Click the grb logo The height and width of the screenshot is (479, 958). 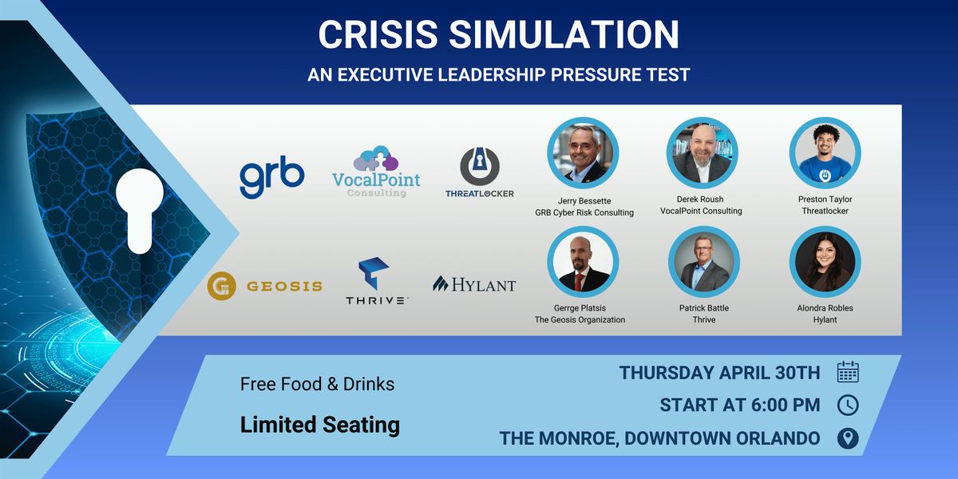click(x=272, y=176)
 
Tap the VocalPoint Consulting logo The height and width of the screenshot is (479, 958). click(x=376, y=172)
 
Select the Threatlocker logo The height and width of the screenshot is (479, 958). click(x=480, y=172)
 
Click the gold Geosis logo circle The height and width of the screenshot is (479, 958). click(x=222, y=286)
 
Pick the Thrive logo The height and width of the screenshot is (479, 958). click(x=376, y=281)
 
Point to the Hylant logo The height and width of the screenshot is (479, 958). click(x=474, y=284)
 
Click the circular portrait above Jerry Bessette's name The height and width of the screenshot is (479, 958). click(x=583, y=153)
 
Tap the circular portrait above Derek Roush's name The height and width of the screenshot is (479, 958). click(x=703, y=153)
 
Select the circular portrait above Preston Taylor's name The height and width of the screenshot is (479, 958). click(x=825, y=153)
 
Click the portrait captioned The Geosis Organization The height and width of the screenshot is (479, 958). click(x=583, y=262)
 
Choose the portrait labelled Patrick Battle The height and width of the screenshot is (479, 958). click(x=704, y=262)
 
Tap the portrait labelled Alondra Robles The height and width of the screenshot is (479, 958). click(x=825, y=262)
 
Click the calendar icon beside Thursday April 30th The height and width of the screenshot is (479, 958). click(x=848, y=372)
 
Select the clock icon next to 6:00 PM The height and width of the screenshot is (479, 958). click(x=848, y=405)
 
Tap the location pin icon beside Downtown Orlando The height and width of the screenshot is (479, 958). click(x=848, y=438)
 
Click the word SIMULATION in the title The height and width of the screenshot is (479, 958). click(x=564, y=34)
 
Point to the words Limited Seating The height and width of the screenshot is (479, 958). click(x=320, y=425)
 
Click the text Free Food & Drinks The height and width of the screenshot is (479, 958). click(x=318, y=384)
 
